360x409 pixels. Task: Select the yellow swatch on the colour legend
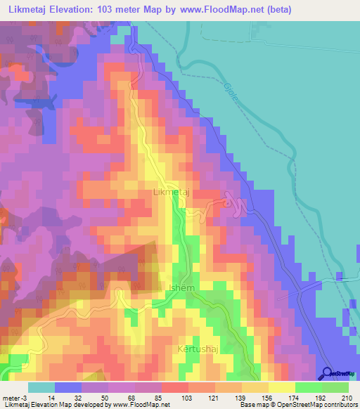point(281,388)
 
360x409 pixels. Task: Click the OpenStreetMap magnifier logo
point(328,372)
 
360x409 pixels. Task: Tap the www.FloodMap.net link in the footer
point(135,405)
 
